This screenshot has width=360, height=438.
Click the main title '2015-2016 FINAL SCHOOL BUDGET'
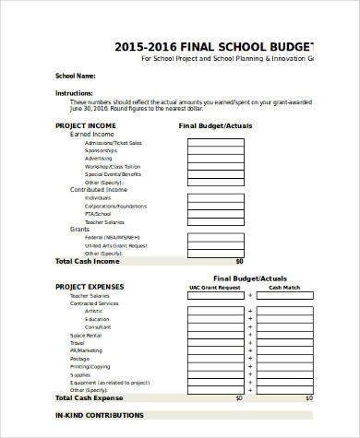(213, 47)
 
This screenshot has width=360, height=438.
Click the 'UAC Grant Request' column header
(215, 287)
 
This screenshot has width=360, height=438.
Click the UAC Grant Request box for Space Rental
(215, 336)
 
